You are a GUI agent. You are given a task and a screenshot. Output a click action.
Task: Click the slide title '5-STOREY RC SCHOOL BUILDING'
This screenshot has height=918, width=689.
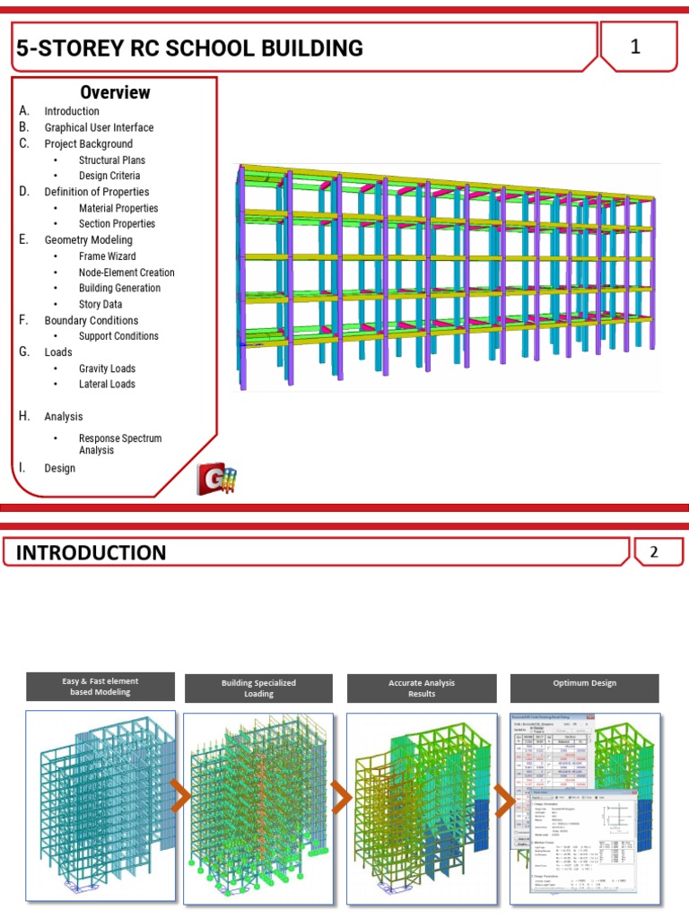click(190, 48)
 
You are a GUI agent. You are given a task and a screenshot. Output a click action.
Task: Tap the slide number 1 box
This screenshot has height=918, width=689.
click(635, 48)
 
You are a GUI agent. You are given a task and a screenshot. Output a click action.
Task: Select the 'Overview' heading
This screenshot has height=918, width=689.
click(115, 92)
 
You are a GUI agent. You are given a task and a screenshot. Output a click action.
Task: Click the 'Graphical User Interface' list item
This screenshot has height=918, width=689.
click(99, 127)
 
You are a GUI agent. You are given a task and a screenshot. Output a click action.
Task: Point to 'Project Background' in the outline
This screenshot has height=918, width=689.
click(88, 143)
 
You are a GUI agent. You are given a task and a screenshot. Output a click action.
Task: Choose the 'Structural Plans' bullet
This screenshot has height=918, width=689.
click(111, 160)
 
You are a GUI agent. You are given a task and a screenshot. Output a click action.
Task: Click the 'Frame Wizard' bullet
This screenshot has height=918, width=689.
click(107, 256)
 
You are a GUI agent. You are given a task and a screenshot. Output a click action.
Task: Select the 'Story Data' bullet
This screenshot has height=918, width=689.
click(100, 304)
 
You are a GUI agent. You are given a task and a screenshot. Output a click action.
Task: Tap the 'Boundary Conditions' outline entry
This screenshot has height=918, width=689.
click(91, 320)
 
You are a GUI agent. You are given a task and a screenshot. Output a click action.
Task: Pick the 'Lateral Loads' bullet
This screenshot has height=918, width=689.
click(107, 384)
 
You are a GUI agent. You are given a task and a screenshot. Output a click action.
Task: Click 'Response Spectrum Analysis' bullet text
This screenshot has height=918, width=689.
click(119, 444)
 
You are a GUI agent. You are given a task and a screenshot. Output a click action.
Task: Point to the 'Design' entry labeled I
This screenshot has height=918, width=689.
click(59, 468)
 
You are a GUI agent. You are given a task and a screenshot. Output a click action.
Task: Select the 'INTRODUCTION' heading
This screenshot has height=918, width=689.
click(92, 552)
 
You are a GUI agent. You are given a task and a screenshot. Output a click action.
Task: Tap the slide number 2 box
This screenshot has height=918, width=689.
click(654, 552)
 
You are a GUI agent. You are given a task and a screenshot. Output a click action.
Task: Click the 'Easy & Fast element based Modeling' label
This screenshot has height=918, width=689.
click(100, 687)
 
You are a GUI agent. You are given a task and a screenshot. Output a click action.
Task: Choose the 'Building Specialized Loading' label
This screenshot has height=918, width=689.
click(258, 688)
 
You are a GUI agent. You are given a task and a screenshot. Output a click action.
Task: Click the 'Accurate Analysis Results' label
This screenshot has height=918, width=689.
click(422, 688)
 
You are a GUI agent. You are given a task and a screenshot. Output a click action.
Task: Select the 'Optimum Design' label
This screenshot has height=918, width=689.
click(584, 683)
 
